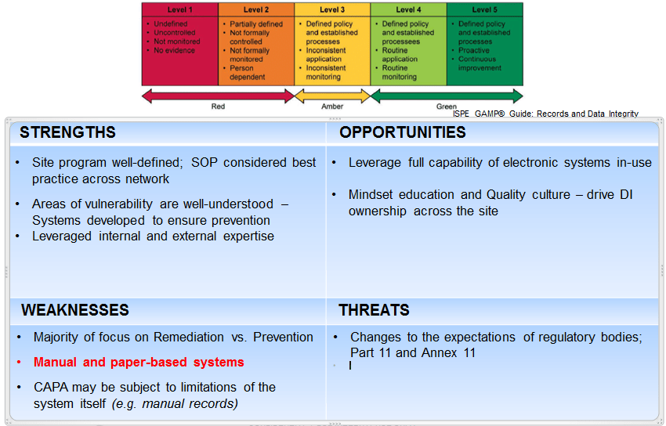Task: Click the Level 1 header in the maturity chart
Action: pos(179,9)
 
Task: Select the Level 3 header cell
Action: pos(331,9)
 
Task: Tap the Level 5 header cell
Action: pos(484,9)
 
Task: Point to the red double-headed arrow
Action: pos(217,96)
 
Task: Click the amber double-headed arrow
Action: pos(331,96)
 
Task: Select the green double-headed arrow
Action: pos(446,96)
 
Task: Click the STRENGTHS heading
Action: pos(67,132)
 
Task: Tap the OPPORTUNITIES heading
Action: pos(402,132)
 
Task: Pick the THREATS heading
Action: pos(374,310)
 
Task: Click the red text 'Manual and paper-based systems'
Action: pos(139,362)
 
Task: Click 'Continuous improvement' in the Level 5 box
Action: pos(480,63)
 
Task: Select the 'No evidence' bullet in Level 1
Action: pos(175,50)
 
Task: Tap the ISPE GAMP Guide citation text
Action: pos(545,114)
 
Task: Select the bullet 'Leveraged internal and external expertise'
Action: pos(153,236)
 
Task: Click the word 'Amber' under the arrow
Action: pos(331,106)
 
